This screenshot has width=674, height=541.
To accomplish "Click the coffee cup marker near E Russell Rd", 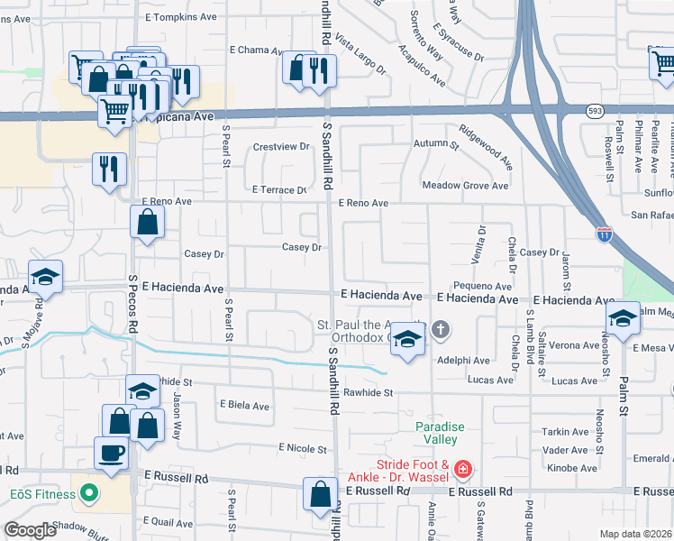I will tap(112, 453).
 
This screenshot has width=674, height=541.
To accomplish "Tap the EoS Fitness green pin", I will tap(88, 493).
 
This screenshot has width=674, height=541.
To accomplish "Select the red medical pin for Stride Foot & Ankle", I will tap(462, 469).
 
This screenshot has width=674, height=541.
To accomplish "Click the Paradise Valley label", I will tap(436, 433).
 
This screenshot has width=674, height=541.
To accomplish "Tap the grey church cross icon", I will tap(440, 330).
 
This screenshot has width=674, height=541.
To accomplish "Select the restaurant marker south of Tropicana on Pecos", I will tap(110, 169).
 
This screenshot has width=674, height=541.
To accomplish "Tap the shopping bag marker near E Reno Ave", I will tap(148, 222).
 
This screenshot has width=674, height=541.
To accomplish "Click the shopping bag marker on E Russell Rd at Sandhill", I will tap(320, 494).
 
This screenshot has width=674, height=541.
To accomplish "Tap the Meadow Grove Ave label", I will tap(466, 186).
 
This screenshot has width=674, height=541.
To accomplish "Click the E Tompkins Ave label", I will tap(180, 17).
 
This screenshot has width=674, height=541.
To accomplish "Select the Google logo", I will tap(32, 530).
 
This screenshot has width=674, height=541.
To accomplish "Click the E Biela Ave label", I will tap(243, 406).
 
